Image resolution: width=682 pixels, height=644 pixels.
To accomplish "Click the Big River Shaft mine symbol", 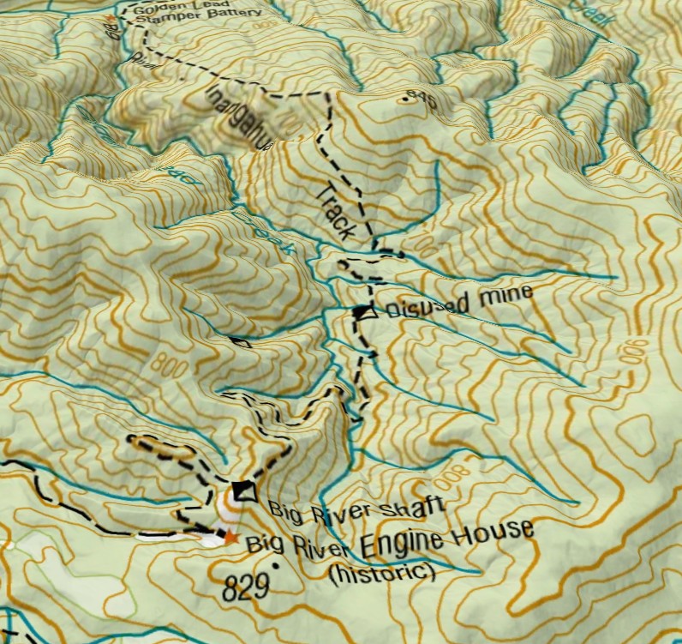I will point(244,490).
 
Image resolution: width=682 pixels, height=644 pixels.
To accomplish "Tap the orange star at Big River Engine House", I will point(230,538).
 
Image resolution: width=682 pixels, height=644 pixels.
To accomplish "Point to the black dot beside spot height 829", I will point(276,567).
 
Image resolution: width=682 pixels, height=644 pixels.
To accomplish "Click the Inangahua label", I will point(239,117).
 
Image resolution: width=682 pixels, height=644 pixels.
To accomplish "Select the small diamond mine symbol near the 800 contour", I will point(241,343).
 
